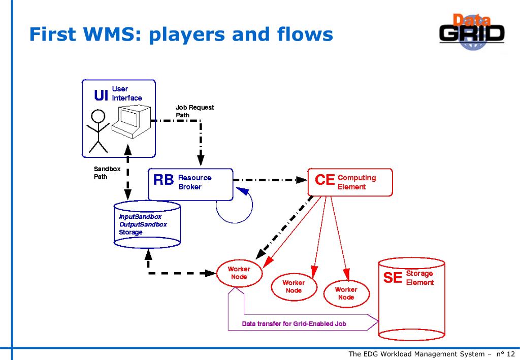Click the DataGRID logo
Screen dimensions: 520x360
pos(472,32)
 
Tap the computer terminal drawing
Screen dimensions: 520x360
pos(132,121)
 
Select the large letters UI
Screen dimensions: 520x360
pos(101,95)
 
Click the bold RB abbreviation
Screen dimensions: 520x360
pos(164,180)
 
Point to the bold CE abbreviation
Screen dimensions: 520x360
pos(324,180)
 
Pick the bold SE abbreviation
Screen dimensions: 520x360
pos(393,277)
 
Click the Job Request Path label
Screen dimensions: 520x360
pos(194,111)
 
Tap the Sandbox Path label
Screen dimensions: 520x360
pos(107,173)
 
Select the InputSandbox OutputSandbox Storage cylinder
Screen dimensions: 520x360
pos(147,224)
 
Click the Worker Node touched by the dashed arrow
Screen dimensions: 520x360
pos(240,273)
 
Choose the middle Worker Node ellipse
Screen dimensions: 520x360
pos(294,287)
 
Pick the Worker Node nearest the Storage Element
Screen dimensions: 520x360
pos(346,293)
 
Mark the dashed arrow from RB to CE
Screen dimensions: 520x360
pos(270,180)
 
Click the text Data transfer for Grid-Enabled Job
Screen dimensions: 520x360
pos(294,324)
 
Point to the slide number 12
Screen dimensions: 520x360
pos(511,354)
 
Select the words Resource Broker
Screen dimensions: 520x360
pos(195,182)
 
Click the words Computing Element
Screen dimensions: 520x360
pos(357,182)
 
